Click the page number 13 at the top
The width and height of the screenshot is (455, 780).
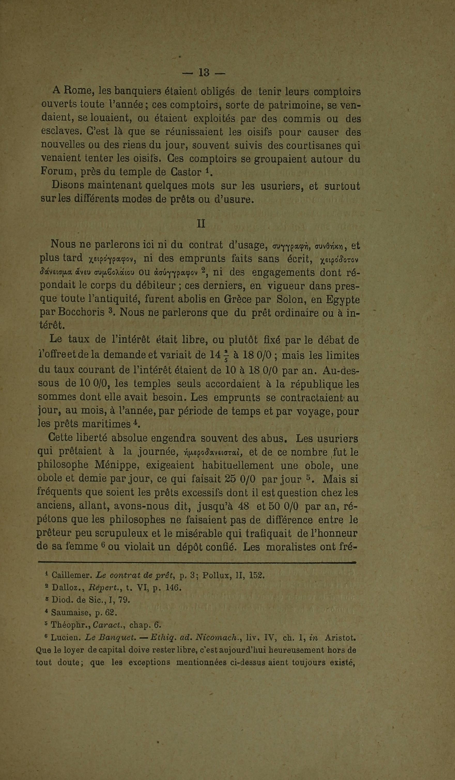click(204, 73)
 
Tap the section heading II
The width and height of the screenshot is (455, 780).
click(201, 223)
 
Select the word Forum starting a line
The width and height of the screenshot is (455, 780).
click(56, 171)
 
